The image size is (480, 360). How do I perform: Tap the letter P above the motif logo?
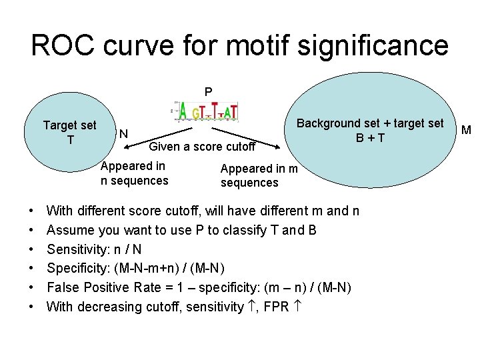click(x=208, y=92)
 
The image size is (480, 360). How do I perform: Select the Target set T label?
click(x=69, y=132)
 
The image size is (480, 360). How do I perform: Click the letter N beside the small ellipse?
click(x=123, y=135)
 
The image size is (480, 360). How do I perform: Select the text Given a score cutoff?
click(x=202, y=147)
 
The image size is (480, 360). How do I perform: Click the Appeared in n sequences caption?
click(x=134, y=173)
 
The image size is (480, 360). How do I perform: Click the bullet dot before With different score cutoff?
click(x=33, y=211)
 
